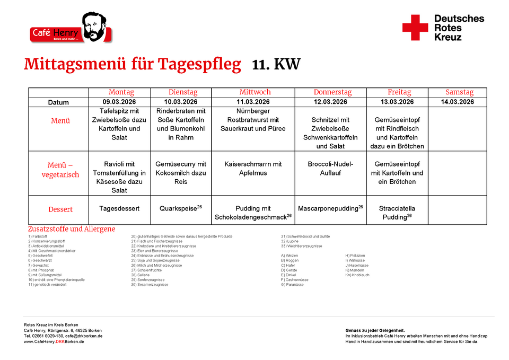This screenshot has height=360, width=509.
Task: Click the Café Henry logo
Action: [71, 29]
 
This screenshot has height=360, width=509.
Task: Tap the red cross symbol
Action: [415, 28]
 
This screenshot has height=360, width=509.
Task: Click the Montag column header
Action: [121, 92]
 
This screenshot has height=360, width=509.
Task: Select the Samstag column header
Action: [459, 92]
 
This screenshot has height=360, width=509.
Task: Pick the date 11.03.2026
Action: [253, 102]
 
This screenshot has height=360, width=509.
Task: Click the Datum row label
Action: [58, 102]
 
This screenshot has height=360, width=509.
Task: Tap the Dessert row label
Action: [60, 209]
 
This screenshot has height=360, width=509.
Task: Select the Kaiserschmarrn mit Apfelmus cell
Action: [253, 169]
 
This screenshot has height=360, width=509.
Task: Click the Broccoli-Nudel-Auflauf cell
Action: [330, 169]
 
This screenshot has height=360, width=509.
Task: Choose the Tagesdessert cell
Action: [119, 209]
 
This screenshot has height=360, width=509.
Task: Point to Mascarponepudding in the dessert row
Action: [328, 209]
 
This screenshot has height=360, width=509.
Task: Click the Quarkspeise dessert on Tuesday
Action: [179, 209]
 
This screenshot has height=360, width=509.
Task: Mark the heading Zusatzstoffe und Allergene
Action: [72, 229]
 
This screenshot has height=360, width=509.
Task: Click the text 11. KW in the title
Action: [276, 65]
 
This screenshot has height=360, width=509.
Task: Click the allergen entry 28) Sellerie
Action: [142, 275]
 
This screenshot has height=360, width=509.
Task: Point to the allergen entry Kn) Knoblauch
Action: [357, 275]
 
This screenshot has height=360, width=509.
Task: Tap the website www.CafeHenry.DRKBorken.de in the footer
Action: [54, 341]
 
